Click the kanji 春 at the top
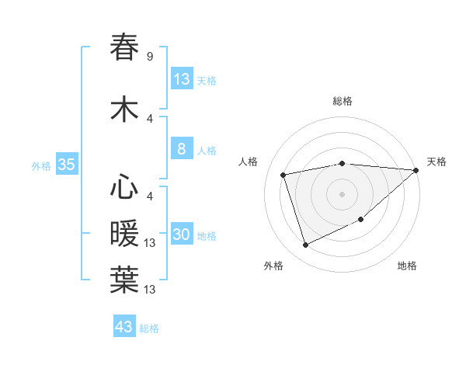pyautogui.click(x=124, y=47)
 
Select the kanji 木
pyautogui.click(x=124, y=109)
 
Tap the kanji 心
pyautogui.click(x=124, y=187)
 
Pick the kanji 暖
pyautogui.click(x=124, y=234)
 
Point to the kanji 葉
pyautogui.click(x=124, y=281)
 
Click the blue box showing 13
pyautogui.click(x=182, y=78)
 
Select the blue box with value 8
pyautogui.click(x=182, y=149)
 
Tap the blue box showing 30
pyautogui.click(x=182, y=235)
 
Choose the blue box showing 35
pyautogui.click(x=66, y=165)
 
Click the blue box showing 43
pyautogui.click(x=124, y=327)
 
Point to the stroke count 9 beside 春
pyautogui.click(x=149, y=57)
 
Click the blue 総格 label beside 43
pyautogui.click(x=149, y=328)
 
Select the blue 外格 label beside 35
pyautogui.click(x=41, y=165)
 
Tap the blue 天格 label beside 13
pyautogui.click(x=207, y=80)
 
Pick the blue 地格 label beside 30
pyautogui.click(x=207, y=235)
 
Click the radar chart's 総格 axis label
pyautogui.click(x=342, y=101)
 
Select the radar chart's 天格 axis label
pyautogui.click(x=436, y=162)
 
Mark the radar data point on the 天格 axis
pyautogui.click(x=416, y=170)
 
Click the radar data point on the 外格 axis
pyautogui.click(x=305, y=245)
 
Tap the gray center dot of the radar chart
pyautogui.click(x=342, y=194)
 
